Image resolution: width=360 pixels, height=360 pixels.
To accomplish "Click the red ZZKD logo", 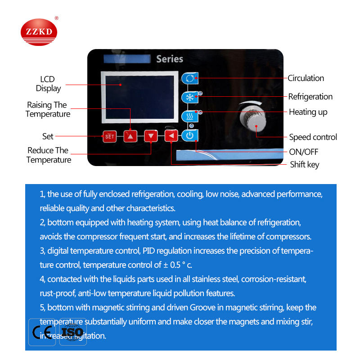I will point(39,32).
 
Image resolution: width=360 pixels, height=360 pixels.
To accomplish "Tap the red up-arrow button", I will point(130,135).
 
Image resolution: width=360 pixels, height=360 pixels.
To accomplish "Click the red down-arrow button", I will point(151,135).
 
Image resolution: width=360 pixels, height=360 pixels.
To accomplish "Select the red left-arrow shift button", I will point(171,135).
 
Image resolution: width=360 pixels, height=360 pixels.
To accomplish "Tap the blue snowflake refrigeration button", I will point(189,98).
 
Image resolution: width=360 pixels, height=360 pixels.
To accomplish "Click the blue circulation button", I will point(189,78).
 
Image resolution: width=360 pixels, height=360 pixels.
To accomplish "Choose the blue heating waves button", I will point(189,117).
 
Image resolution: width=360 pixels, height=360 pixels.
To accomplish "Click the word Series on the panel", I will point(170,59).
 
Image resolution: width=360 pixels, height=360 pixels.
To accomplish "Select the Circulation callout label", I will point(306,78).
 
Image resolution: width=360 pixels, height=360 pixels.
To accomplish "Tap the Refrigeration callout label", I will point(310,97).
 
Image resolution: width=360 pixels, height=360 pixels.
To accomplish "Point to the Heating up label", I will point(308,112).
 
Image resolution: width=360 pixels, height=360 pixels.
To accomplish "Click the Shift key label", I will point(305,165).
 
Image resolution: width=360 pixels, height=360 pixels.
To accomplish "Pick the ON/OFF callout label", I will point(304,152).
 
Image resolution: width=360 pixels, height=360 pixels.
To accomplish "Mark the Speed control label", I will point(313,137).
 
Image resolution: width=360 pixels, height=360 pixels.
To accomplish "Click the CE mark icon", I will point(42,333).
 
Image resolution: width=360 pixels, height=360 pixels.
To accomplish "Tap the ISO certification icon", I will point(72,333).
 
